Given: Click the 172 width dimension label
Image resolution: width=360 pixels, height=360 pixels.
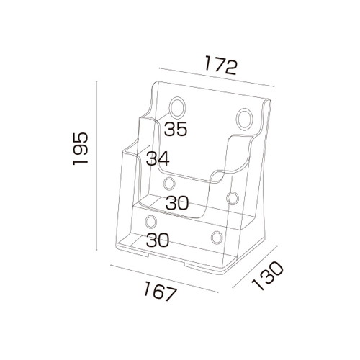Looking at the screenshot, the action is pos(221,66).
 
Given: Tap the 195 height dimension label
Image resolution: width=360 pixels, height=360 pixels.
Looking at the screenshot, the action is pos(81,148).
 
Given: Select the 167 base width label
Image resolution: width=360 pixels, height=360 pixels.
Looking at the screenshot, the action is pos(160,291).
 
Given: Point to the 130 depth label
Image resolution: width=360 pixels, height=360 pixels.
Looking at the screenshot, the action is pos(267,276).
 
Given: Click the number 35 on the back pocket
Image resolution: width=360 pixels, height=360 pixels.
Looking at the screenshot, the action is pos(176,129).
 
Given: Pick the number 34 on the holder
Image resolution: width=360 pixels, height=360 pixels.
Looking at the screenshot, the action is pos(158,158).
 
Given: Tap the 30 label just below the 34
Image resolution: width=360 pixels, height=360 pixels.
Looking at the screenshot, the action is pos(177,203).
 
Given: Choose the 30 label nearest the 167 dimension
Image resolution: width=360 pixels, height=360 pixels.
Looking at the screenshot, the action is pos(158,240).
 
